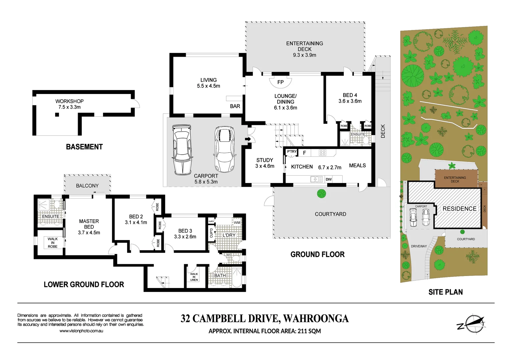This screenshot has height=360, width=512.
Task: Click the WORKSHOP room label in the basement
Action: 69,101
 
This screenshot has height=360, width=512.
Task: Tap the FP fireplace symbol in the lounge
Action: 281,82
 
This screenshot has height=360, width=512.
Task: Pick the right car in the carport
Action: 224,149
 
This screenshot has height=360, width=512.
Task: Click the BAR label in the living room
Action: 235,106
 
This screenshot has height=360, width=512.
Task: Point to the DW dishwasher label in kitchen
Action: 329,179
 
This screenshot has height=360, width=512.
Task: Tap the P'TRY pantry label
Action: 292,152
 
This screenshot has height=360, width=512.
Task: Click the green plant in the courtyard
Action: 321,193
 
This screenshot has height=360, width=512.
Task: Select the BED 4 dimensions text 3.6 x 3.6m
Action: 350,101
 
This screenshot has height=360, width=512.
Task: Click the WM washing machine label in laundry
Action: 237,223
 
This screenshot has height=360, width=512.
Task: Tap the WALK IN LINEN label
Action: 194,277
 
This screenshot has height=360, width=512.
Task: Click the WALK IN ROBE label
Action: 53,243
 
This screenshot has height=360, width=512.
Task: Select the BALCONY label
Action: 87,186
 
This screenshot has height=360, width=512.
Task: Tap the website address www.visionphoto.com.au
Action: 81,331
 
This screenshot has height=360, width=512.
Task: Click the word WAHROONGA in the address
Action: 316,319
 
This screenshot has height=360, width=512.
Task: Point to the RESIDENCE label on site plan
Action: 459,209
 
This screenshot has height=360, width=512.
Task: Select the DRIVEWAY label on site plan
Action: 419,246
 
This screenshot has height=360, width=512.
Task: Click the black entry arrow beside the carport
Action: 248,139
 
